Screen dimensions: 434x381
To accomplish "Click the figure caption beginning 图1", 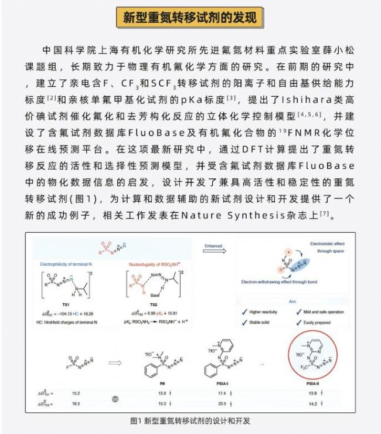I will (x=190, y=421).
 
